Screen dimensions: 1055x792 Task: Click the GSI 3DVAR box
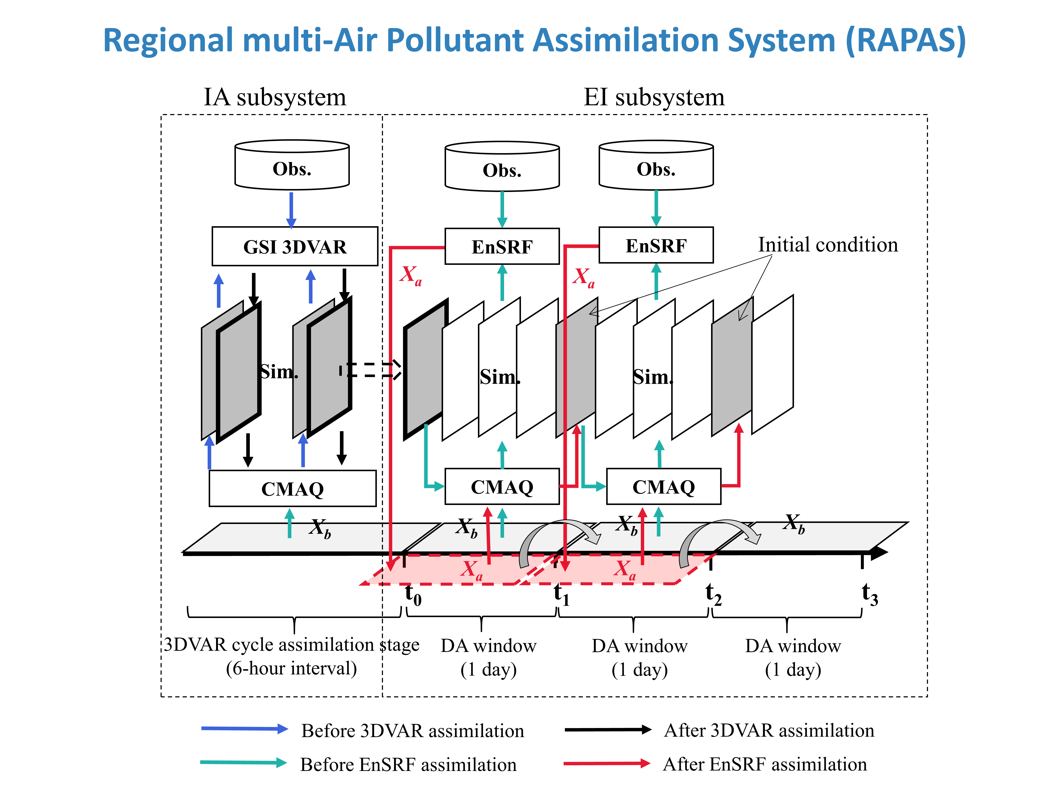pos(295,246)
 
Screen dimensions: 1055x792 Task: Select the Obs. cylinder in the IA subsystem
pos(292,165)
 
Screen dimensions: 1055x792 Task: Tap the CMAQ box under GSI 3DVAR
pos(292,488)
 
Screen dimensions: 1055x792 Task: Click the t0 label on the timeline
pos(413,595)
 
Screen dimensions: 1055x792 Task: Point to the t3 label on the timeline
pos(870,595)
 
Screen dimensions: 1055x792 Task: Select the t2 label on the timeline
pos(714,595)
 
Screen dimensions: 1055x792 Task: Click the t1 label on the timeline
pos(561,595)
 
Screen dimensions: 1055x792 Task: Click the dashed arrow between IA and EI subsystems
pos(371,370)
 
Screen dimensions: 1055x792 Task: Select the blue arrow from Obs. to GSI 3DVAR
pos(291,210)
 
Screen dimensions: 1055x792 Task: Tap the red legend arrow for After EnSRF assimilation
pos(607,763)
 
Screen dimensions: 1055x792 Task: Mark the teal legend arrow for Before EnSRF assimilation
pos(243,762)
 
